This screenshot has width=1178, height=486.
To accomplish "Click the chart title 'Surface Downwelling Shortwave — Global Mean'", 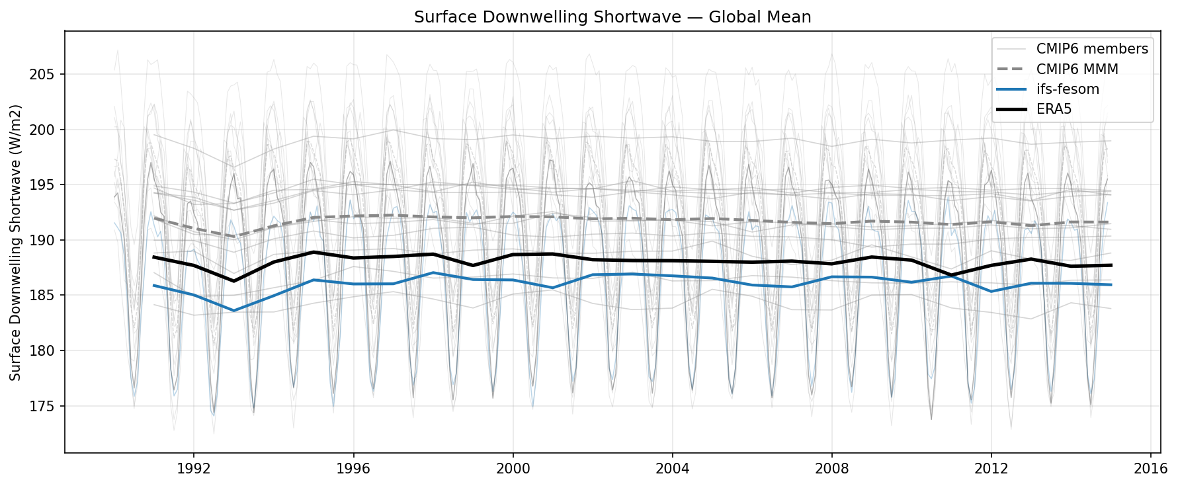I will (x=612, y=17).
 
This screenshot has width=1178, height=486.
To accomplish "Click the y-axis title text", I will (x=16, y=242).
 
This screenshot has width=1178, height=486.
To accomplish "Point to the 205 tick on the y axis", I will (x=42, y=75).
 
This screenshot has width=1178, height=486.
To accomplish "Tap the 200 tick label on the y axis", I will (x=42, y=130).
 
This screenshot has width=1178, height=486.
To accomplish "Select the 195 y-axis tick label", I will (x=42, y=185).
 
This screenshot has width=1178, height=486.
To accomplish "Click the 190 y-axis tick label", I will (x=42, y=240).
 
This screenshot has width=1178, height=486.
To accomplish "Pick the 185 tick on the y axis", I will (x=42, y=296).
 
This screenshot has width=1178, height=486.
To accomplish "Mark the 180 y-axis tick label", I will (x=42, y=350).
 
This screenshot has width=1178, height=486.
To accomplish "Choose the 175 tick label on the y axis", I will (x=42, y=406).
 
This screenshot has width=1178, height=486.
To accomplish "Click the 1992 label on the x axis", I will (x=194, y=469).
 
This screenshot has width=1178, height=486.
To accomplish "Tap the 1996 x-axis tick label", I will (x=353, y=469).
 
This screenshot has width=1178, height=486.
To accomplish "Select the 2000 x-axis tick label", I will (x=513, y=469).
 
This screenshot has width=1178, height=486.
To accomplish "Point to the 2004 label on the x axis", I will (x=672, y=469).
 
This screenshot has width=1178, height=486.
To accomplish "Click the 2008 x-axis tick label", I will (x=831, y=469).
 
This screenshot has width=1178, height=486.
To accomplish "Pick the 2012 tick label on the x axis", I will (x=991, y=469).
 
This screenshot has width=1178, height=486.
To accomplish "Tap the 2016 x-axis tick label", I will (x=1150, y=469).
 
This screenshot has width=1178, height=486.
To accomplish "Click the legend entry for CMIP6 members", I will (x=1091, y=49).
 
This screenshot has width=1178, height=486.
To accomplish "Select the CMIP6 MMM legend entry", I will (x=1077, y=69).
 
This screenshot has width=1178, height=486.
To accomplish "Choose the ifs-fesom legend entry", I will (x=1068, y=89).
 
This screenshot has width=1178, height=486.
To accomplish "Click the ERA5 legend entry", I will (x=1054, y=109).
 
